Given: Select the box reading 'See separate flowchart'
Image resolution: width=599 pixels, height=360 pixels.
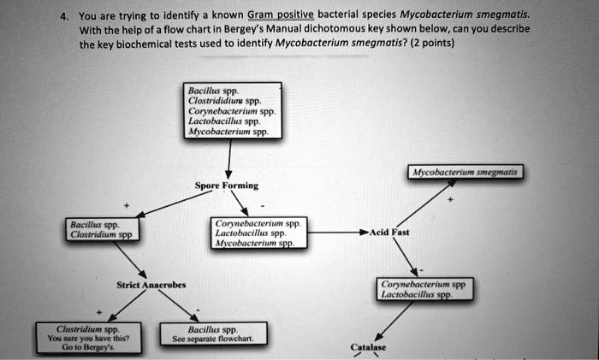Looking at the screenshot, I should (216, 333).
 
